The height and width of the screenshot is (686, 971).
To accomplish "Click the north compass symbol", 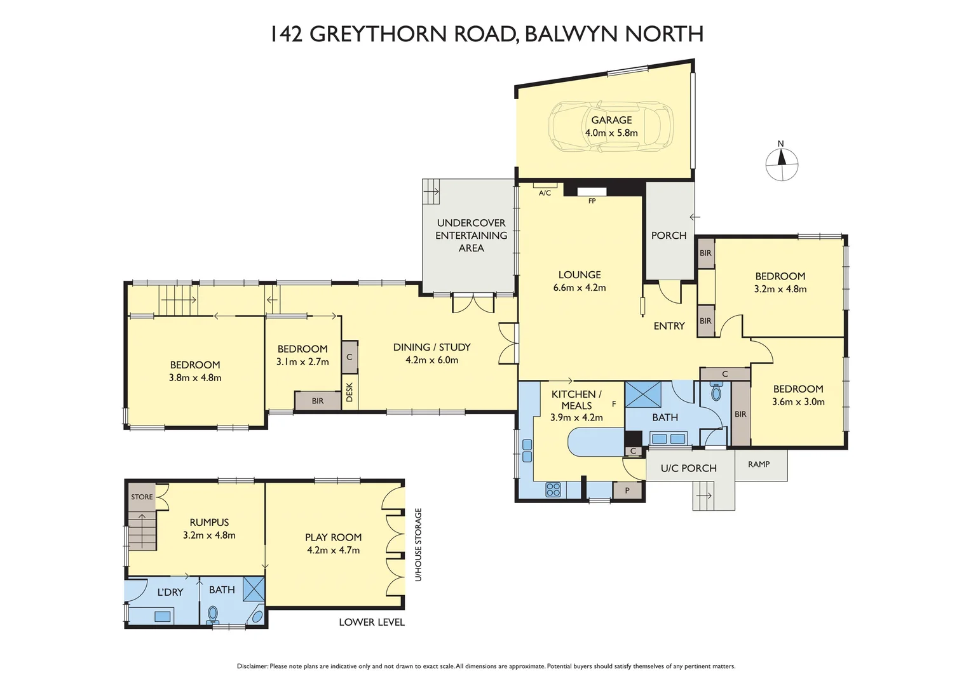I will point(782,164).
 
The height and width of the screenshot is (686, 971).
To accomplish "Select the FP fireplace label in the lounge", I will point(592,201).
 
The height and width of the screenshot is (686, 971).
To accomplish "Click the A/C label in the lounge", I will point(545,193).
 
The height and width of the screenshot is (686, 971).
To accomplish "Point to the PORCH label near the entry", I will point(669,236).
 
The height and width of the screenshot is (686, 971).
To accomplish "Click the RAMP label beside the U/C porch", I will point(759,464).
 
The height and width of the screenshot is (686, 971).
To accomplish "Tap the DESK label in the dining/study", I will point(349,392).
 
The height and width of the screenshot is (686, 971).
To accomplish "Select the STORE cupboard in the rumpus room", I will point(142,497).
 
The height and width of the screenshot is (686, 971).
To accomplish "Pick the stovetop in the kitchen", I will point(553,489).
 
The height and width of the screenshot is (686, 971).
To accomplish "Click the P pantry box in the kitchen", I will point(627,490).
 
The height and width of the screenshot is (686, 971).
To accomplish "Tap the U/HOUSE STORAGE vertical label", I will point(418,544).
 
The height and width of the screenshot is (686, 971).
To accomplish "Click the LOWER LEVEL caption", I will point(371,622).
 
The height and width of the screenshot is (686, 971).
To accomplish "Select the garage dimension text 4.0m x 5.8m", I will point(611,133).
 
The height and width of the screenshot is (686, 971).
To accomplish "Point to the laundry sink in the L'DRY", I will point(163,615).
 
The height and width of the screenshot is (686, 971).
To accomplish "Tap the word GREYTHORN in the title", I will point(377,34).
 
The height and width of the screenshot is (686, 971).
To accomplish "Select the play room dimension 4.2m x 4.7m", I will point(333,551).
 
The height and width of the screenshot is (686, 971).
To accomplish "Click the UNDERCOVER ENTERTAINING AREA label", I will point(471,236).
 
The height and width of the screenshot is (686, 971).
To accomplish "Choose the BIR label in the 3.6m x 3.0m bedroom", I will point(740,414).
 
